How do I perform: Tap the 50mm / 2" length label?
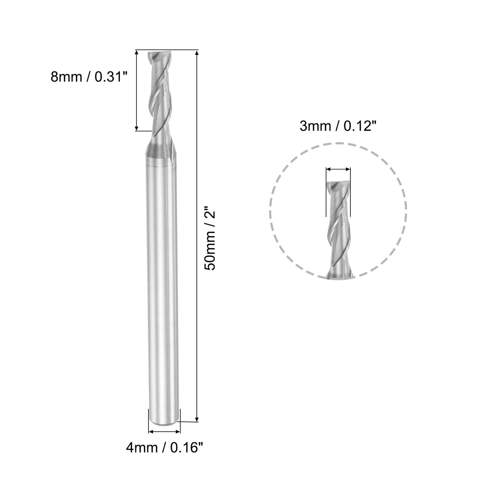pyautogui.click(x=210, y=240)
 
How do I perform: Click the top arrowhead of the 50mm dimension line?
pyautogui.click(x=197, y=53)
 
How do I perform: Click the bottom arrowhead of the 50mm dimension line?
pyautogui.click(x=197, y=419)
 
